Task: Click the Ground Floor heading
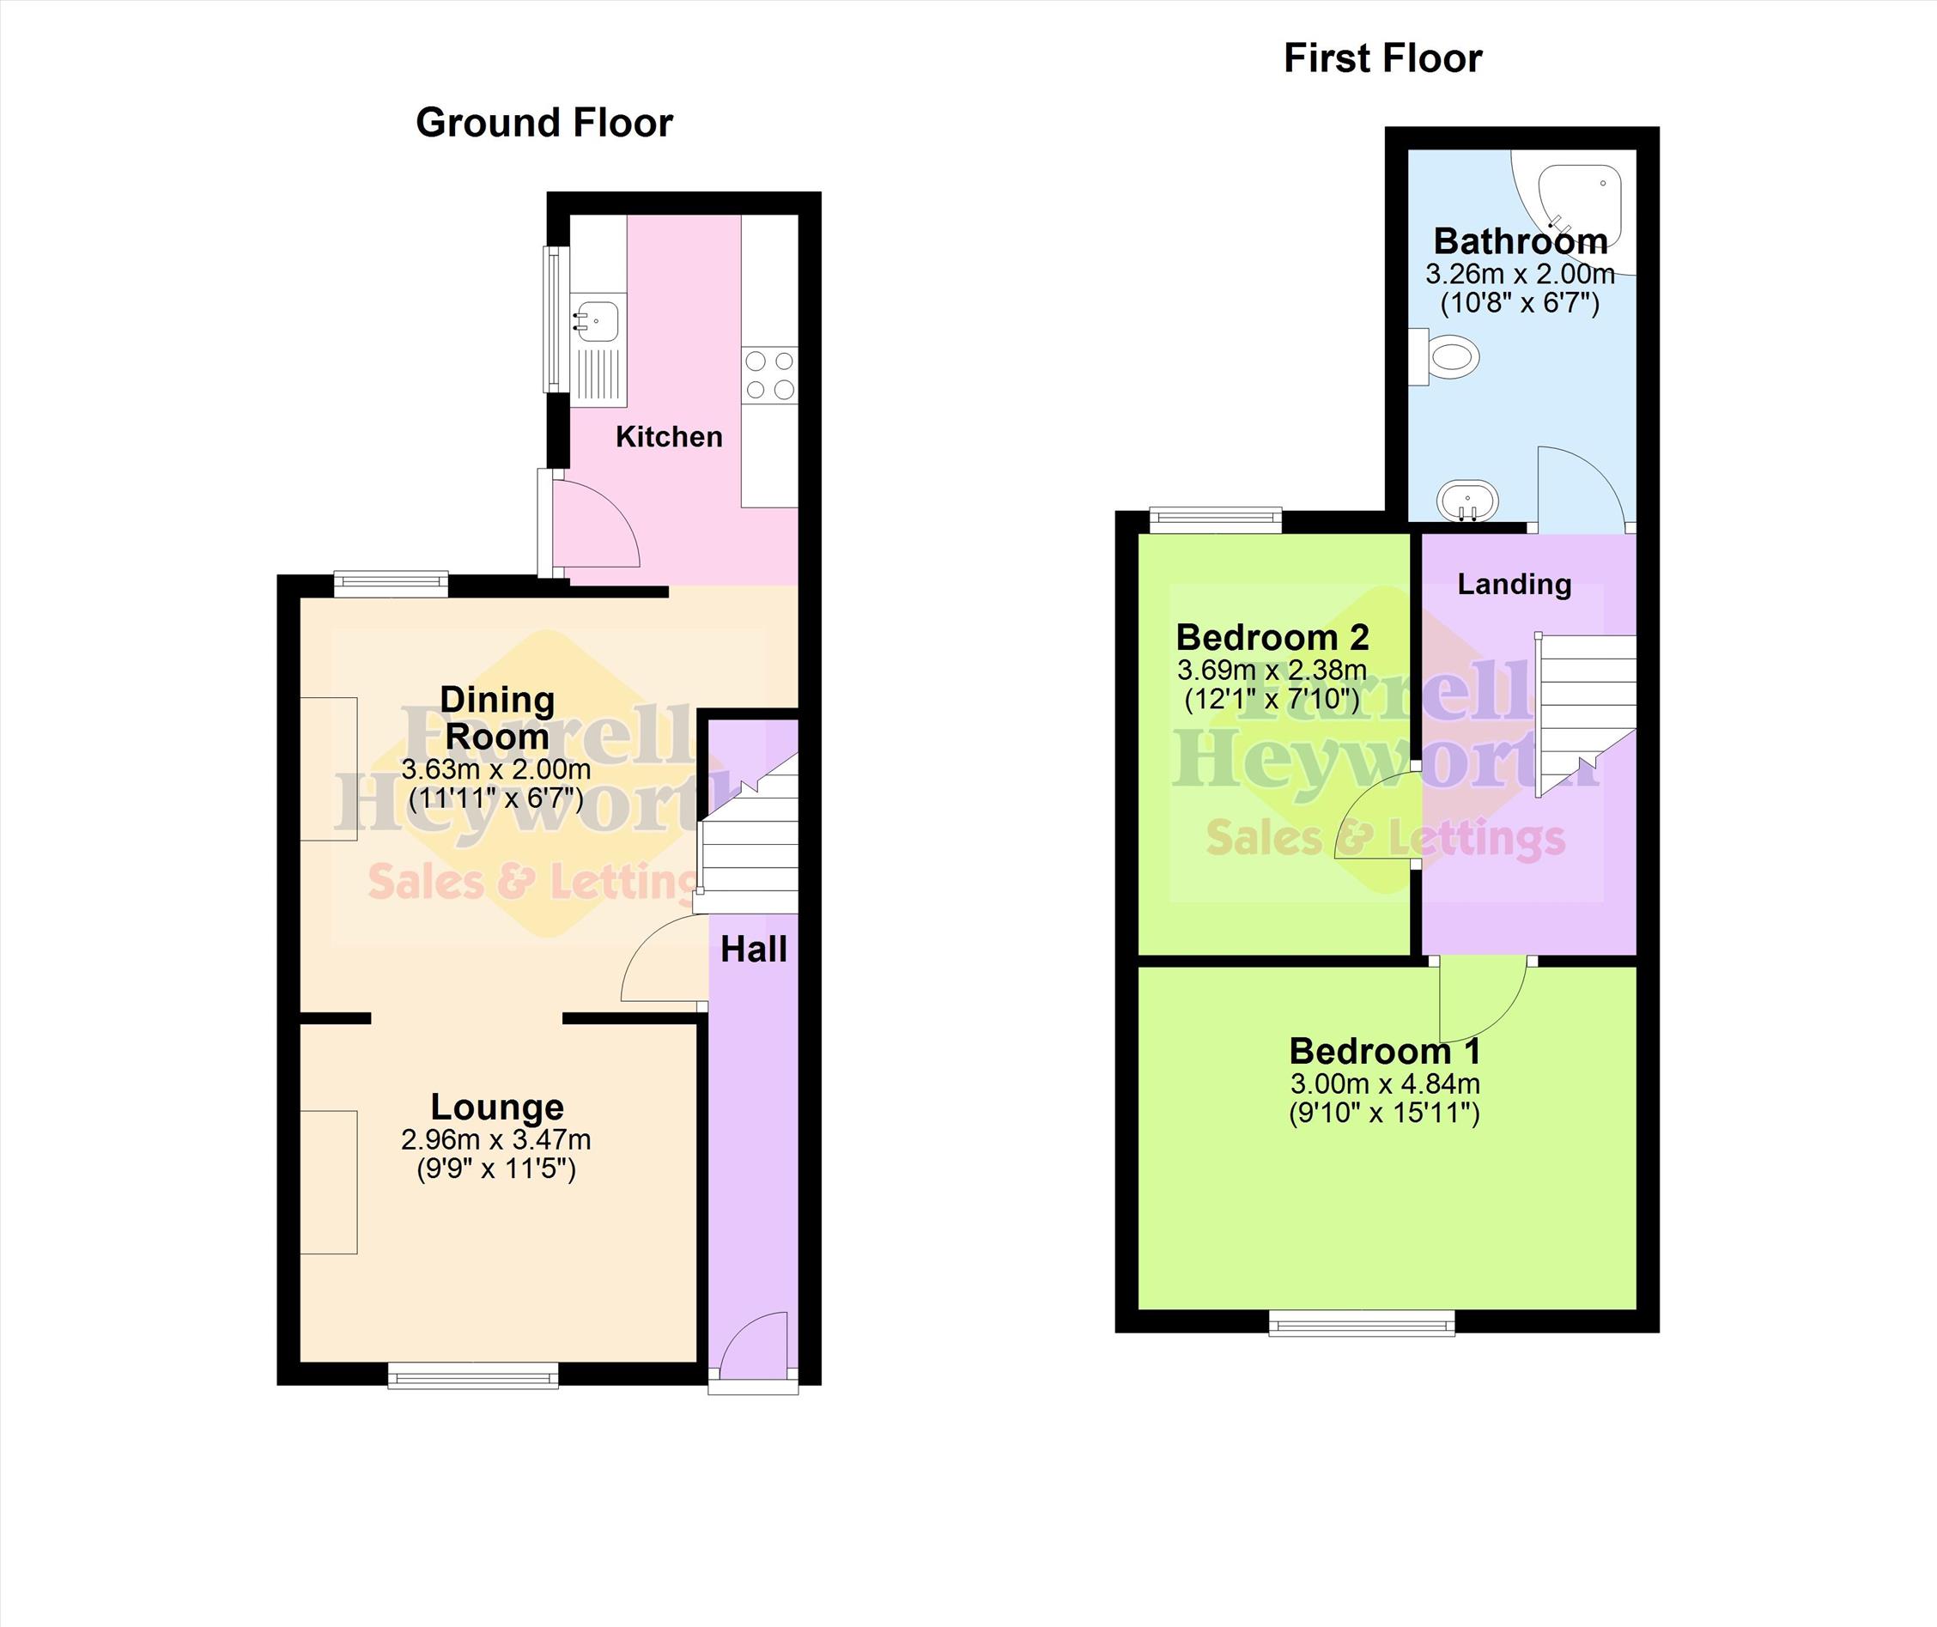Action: point(544,123)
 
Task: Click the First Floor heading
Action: point(1382,58)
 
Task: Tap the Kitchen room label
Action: point(669,436)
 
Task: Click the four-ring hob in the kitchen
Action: point(769,375)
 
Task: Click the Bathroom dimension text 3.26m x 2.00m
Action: point(1520,274)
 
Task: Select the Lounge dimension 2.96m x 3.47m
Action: point(496,1140)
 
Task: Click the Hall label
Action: point(754,949)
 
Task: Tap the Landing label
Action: point(1514,584)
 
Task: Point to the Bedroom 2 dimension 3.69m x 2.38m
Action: point(1272,670)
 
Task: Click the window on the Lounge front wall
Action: point(473,1375)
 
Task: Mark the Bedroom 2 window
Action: point(1216,520)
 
